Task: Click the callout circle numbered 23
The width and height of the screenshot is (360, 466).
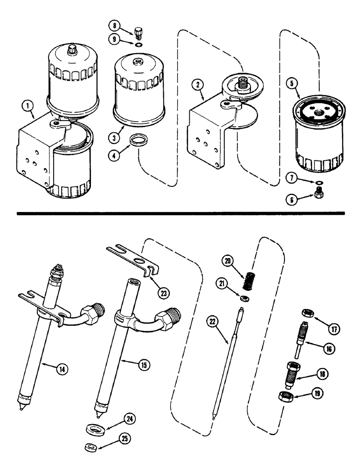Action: [163, 293]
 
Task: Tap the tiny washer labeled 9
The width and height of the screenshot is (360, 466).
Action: [138, 45]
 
